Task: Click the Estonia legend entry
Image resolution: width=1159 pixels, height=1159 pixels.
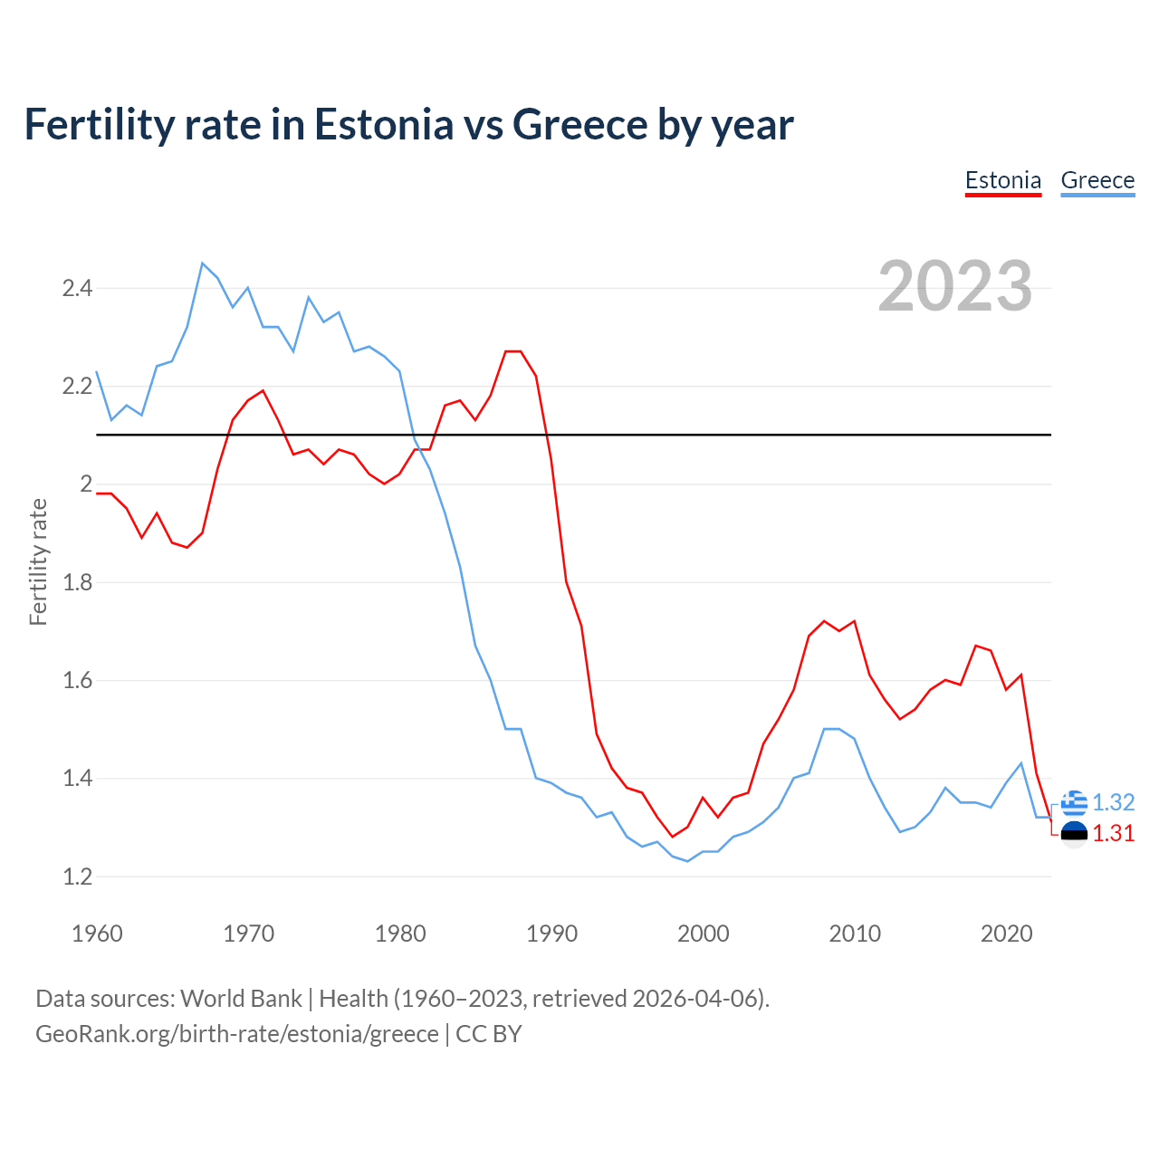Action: [1002, 180]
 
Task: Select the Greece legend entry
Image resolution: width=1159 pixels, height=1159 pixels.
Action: [1097, 180]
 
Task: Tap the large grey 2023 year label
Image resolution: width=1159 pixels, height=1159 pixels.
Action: [955, 286]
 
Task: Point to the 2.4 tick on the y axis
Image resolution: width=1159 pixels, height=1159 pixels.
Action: [77, 289]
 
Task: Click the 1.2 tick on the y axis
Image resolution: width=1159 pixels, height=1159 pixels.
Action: [77, 876]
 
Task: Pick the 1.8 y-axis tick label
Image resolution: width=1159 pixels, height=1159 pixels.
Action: [77, 582]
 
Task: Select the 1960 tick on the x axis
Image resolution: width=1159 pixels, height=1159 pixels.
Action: [97, 934]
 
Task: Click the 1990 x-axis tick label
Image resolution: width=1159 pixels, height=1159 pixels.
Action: [551, 934]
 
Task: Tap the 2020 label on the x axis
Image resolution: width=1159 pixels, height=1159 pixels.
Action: [1006, 934]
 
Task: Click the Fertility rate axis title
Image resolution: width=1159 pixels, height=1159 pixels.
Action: [38, 561]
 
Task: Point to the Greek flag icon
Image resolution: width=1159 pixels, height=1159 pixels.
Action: [1074, 802]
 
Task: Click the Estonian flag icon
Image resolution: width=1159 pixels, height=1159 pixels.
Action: [1074, 834]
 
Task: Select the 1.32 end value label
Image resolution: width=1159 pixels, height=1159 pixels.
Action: [1114, 802]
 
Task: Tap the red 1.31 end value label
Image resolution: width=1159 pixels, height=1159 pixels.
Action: [1114, 834]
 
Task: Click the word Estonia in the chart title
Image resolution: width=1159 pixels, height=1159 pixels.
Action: [383, 125]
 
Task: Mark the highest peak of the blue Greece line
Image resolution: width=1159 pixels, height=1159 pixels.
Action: [202, 263]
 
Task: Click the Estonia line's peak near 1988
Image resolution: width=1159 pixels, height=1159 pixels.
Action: [513, 351]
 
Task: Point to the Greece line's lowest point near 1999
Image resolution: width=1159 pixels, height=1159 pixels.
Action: [688, 861]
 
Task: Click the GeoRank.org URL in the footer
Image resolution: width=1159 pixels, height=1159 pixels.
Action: [236, 1034]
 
